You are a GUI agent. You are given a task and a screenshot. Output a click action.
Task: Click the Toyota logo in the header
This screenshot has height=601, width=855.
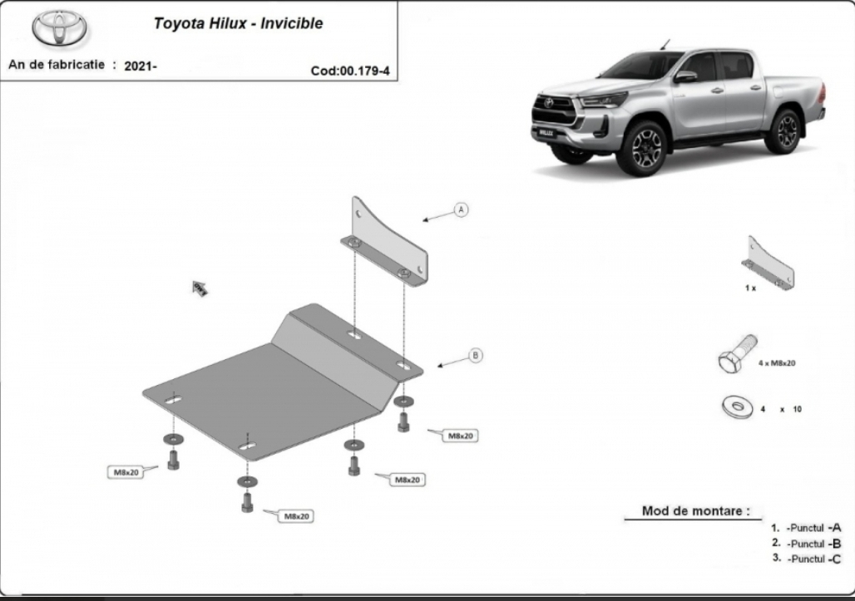point(59,28)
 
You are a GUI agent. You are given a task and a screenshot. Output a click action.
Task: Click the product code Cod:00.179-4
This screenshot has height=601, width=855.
point(350,71)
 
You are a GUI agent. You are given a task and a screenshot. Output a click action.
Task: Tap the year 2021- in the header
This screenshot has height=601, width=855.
point(140,66)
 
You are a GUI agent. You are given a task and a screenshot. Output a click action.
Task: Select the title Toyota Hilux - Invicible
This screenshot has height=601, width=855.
point(239,23)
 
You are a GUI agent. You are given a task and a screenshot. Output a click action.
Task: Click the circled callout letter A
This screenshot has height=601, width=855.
point(462,209)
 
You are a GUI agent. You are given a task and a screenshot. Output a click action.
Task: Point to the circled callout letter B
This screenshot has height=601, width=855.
point(476,355)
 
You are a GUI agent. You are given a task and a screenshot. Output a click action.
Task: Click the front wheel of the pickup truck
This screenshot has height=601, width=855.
point(647,148)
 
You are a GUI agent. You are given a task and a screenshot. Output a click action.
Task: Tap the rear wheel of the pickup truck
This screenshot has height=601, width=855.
point(784,131)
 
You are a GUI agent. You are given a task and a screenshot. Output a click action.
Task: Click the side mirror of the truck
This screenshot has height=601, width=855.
point(685,76)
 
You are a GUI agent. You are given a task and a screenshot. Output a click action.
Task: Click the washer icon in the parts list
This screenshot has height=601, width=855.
point(737,406)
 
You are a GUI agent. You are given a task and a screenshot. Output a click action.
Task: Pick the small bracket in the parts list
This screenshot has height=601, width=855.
point(768,264)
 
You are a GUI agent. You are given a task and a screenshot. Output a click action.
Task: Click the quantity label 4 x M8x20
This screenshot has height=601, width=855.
point(777,363)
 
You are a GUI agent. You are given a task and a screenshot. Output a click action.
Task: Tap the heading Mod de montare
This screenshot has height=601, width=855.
point(695,511)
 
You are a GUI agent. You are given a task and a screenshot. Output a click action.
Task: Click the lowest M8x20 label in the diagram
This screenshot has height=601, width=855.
point(296,516)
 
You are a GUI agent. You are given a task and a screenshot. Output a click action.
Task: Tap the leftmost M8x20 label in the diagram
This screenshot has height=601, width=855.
point(126,472)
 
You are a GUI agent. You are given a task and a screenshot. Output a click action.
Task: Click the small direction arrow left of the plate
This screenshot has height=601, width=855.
point(200,288)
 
